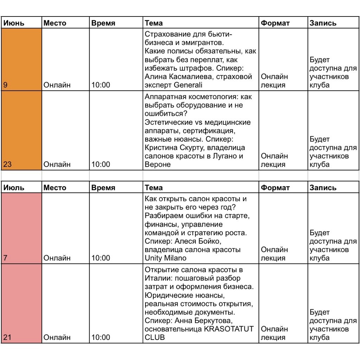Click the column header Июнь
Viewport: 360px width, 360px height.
pyautogui.click(x=14, y=23)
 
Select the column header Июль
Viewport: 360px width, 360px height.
pyautogui.click(x=14, y=188)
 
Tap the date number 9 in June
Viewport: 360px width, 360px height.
pyautogui.click(x=5, y=85)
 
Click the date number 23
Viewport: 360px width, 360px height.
pyautogui.click(x=7, y=164)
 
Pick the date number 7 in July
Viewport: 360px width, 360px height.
pyautogui.click(x=5, y=258)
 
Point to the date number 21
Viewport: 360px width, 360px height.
pyautogui.click(x=7, y=337)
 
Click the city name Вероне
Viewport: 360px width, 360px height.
pyautogui.click(x=157, y=164)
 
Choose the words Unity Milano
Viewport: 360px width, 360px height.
pyautogui.click(x=166, y=258)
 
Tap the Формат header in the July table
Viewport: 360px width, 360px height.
pyautogui.click(x=275, y=188)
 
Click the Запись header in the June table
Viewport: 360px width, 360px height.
pyautogui.click(x=323, y=23)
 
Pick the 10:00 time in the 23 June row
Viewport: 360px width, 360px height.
pyautogui.click(x=101, y=164)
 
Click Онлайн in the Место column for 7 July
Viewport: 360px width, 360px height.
pyautogui.click(x=57, y=258)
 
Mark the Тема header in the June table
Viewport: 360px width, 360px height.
pyautogui.click(x=154, y=23)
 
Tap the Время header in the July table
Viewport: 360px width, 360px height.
pyautogui.click(x=103, y=188)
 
